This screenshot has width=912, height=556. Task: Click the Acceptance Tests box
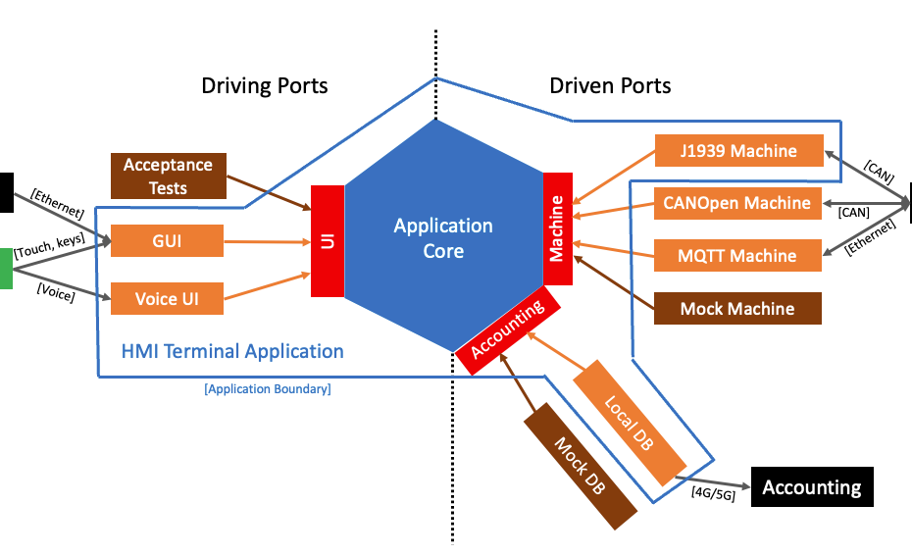pyautogui.click(x=168, y=175)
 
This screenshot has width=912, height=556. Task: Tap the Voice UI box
pyautogui.click(x=167, y=298)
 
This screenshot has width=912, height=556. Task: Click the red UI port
pyautogui.click(x=328, y=240)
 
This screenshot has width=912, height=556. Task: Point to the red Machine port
pyautogui.click(x=557, y=228)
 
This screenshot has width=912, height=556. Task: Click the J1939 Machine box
pyautogui.click(x=738, y=151)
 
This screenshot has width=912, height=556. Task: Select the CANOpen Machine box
pyautogui.click(x=738, y=203)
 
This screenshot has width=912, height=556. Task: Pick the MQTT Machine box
pyautogui.click(x=738, y=256)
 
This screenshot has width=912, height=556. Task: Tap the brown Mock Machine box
pyautogui.click(x=738, y=309)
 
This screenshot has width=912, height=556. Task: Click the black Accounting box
pyautogui.click(x=811, y=487)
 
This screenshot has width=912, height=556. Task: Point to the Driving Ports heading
pyautogui.click(x=265, y=85)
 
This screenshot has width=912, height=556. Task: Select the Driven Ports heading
pyautogui.click(x=610, y=85)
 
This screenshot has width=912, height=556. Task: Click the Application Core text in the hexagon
pyautogui.click(x=443, y=238)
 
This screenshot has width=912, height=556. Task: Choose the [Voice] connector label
pyautogui.click(x=55, y=290)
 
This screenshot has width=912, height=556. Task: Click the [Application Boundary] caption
pyautogui.click(x=268, y=389)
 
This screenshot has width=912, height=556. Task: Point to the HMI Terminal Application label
pyautogui.click(x=232, y=351)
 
